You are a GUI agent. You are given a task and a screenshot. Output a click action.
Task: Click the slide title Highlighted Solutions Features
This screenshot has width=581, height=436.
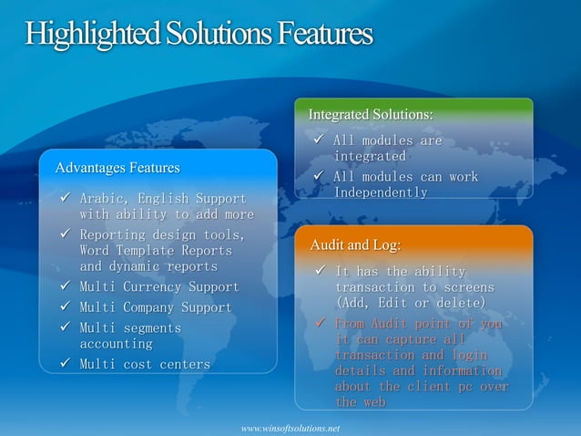click(x=199, y=34)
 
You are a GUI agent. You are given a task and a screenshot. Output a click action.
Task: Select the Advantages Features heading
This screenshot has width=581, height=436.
click(x=117, y=168)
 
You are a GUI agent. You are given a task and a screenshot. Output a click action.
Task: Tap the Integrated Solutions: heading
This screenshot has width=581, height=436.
click(x=371, y=114)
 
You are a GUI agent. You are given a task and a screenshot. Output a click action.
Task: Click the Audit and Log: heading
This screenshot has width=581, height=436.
click(x=355, y=245)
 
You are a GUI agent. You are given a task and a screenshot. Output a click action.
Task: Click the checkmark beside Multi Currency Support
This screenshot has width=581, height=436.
click(x=65, y=286)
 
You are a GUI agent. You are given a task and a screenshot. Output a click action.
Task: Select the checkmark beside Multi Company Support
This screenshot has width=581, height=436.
click(x=65, y=306)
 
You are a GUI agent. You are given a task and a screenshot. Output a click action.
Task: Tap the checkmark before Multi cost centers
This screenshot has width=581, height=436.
click(x=65, y=364)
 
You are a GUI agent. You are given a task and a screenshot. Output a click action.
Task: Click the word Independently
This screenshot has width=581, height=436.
click(x=380, y=192)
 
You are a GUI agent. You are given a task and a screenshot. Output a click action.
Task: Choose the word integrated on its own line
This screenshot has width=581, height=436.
click(x=370, y=157)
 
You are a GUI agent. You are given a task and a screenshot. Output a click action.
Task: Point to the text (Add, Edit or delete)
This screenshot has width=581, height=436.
click(x=410, y=302)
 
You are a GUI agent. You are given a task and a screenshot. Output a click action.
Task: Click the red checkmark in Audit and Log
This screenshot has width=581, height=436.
click(x=320, y=323)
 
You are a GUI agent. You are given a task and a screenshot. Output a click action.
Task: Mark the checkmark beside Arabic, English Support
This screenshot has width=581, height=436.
click(x=65, y=197)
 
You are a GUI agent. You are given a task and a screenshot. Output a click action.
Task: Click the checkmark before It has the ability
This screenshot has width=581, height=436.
click(x=320, y=271)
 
